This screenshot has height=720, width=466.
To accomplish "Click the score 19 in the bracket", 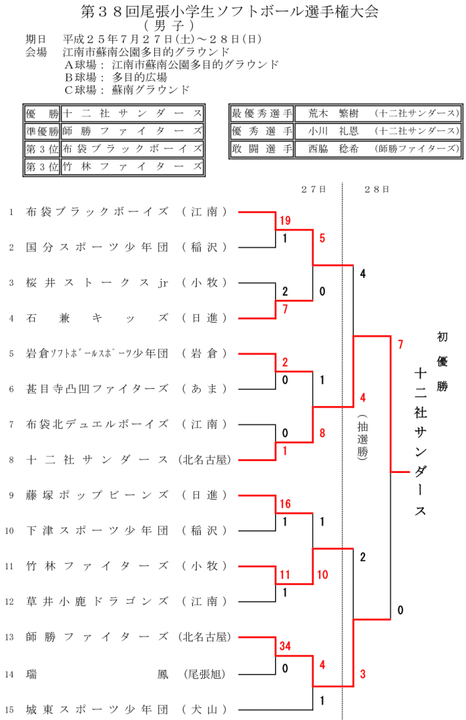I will click(284, 219).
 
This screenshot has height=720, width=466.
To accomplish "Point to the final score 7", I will click(400, 343).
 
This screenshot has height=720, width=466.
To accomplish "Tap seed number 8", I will click(11, 461).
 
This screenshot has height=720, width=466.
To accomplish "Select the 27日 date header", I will click(314, 189).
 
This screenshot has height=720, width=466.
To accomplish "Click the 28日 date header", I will click(376, 189).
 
